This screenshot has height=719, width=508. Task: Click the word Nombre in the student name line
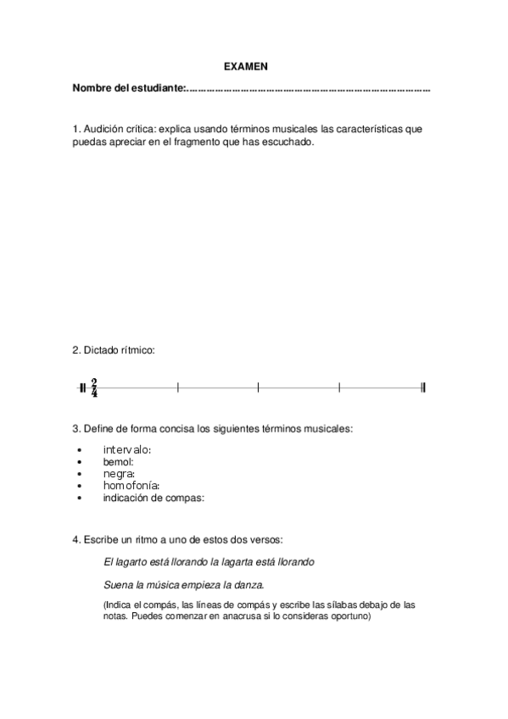point(92,88)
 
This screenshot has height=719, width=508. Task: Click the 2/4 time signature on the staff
point(94,387)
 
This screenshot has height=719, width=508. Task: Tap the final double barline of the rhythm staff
point(422,387)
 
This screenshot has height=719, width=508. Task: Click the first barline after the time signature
point(178,387)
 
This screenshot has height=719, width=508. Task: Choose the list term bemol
point(118,461)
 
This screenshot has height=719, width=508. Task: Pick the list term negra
point(119,473)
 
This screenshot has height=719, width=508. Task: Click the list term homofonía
point(131,486)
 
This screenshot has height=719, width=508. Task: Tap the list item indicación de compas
point(154,498)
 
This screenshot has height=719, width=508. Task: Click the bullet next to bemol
point(79,462)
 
